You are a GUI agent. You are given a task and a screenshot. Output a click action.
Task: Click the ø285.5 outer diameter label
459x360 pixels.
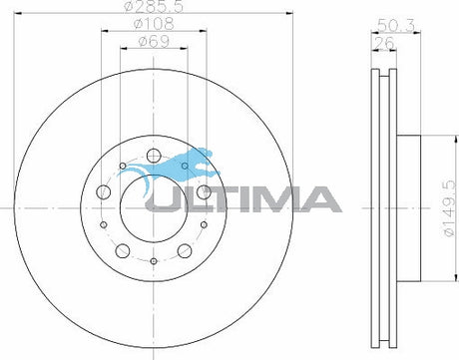coord(154,6)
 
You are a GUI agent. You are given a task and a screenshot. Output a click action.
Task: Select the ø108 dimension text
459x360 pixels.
coord(154,24)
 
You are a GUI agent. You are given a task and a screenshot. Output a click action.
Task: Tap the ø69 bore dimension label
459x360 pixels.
coord(154,42)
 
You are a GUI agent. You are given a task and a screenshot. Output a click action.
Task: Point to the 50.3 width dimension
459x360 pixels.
coord(396,26)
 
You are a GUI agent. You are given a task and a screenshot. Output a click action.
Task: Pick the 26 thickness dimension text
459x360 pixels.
coord(384,43)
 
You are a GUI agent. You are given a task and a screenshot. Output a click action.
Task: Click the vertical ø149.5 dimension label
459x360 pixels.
coord(449,208)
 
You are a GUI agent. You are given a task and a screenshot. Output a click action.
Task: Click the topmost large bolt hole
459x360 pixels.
coord(154,155)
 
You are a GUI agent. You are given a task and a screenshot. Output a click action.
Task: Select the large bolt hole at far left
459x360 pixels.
coord(103,191)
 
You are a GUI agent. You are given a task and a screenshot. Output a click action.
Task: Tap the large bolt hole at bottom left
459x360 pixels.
coord(123,251)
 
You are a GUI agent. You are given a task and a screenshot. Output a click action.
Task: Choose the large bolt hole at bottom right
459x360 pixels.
coord(185,251)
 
